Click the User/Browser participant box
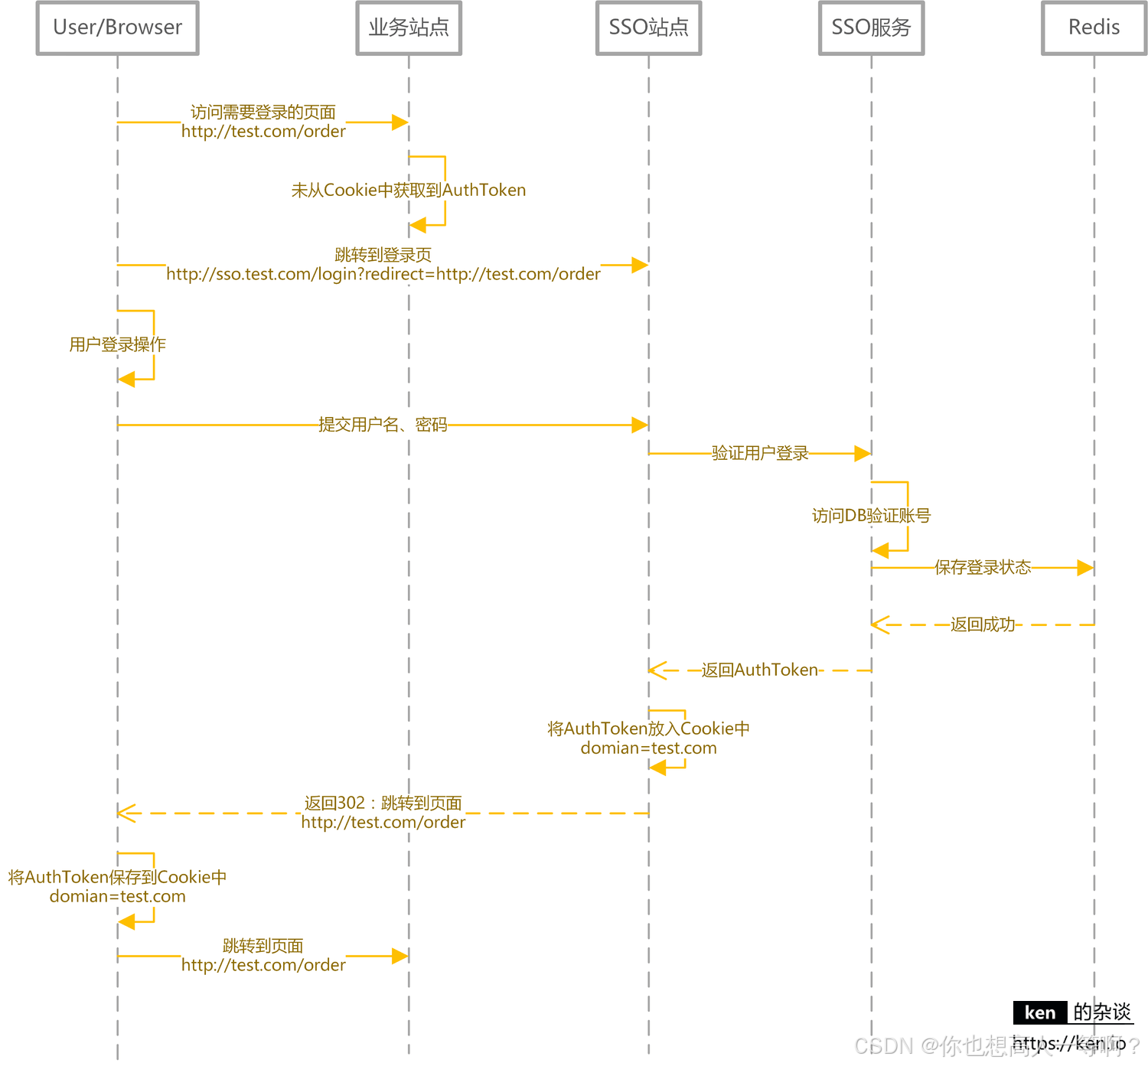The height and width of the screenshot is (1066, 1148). click(118, 28)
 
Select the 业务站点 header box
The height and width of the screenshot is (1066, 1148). click(409, 28)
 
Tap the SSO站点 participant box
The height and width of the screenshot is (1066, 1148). click(648, 28)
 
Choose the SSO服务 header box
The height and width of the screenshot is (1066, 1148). click(871, 28)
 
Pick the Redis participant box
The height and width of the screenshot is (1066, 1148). click(1094, 28)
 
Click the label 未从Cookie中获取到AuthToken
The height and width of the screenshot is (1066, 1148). click(409, 190)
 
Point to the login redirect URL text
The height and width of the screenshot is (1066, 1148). click(383, 274)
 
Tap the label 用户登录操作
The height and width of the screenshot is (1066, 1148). click(118, 344)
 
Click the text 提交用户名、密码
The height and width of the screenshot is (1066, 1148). click(383, 425)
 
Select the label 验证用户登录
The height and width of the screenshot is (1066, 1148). click(760, 453)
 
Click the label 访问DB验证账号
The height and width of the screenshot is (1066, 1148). click(871, 516)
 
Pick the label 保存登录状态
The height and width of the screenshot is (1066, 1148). click(983, 567)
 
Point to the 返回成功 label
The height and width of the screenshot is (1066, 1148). click(983, 624)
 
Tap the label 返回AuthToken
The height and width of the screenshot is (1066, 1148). click(760, 670)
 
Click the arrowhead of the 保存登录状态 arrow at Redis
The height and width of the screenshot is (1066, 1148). click(1085, 568)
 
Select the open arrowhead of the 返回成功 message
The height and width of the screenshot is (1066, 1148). click(879, 624)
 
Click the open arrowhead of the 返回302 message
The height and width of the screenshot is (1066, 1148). click(126, 813)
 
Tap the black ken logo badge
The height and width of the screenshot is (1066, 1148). click(1039, 1012)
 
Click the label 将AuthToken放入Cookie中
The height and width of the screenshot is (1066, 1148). click(648, 729)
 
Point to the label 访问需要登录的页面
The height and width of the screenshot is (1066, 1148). click(263, 112)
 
